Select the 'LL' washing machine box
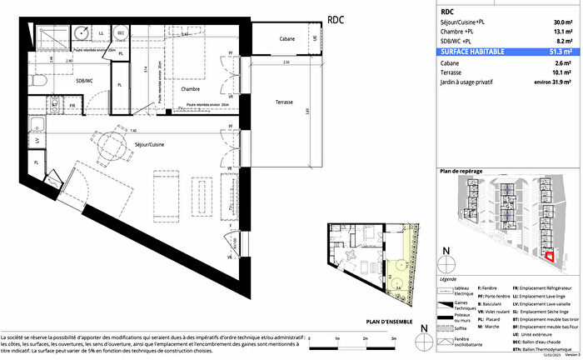click(x=102, y=32)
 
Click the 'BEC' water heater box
click(x=121, y=32)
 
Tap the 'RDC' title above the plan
click(x=335, y=17)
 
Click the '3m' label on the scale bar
click(x=392, y=337)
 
